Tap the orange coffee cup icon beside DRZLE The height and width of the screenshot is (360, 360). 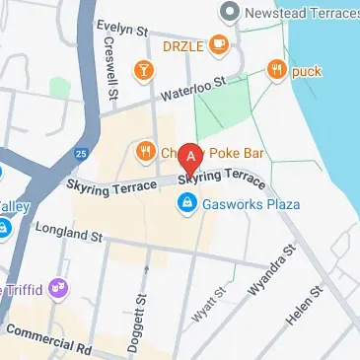(x=219, y=45)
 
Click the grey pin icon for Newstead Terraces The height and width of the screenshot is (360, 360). (x=229, y=13)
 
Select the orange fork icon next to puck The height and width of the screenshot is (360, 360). (x=275, y=69)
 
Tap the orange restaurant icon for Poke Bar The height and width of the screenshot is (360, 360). (x=145, y=151)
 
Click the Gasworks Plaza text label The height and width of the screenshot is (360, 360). (x=246, y=204)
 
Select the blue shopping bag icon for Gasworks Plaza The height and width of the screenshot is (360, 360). (x=185, y=204)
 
